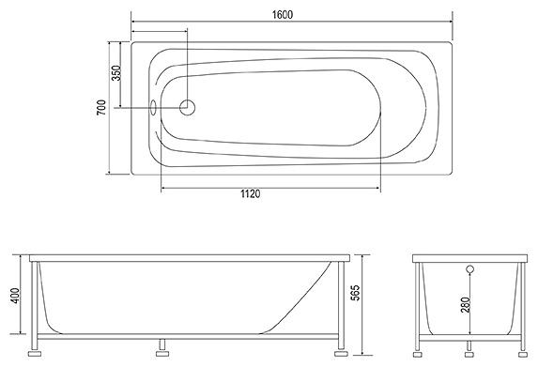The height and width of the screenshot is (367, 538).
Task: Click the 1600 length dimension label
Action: (283, 15)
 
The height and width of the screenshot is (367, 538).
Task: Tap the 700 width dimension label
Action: (101, 108)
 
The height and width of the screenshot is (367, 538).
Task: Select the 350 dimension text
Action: (116, 73)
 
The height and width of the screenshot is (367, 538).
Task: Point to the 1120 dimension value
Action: (250, 194)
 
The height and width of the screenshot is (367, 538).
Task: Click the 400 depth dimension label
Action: (15, 296)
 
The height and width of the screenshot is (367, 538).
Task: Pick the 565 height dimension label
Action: (357, 293)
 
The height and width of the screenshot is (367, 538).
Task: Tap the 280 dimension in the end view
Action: (466, 304)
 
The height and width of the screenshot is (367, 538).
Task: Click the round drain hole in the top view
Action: (188, 107)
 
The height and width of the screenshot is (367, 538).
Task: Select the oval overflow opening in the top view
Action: (153, 107)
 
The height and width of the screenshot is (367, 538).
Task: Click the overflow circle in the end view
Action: (470, 269)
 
